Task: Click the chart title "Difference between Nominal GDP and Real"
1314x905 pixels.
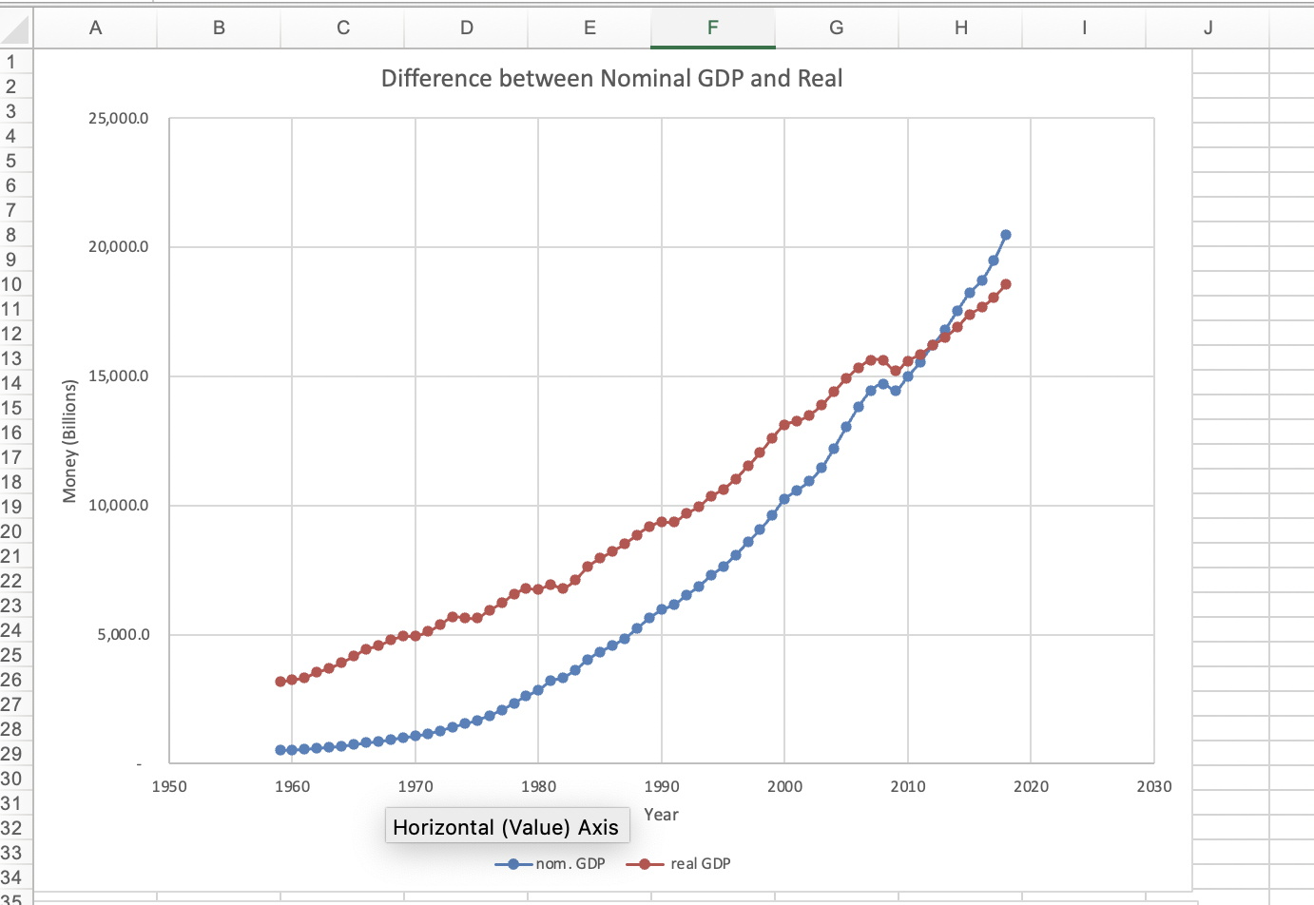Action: point(611,79)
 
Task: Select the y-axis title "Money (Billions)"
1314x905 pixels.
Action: point(69,440)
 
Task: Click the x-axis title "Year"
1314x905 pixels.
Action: point(661,815)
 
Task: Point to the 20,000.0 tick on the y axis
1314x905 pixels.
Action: point(118,247)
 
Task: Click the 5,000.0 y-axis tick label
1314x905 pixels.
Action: point(123,635)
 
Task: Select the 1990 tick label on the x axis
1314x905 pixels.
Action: point(661,787)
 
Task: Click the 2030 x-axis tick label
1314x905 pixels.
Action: point(1153,787)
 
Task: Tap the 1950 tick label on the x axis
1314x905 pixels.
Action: point(169,787)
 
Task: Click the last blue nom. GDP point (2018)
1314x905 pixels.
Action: point(1006,235)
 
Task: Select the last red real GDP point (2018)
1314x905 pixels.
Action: point(1006,284)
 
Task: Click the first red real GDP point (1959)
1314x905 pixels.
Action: point(280,682)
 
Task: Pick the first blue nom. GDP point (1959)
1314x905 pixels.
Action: point(280,750)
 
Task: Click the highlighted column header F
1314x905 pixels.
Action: point(713,29)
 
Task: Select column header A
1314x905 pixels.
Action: point(95,29)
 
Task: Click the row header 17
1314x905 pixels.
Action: point(11,457)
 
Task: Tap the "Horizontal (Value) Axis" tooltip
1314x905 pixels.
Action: point(506,827)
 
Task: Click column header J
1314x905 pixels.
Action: point(1208,29)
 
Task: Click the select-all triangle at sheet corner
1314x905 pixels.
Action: point(16,31)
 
